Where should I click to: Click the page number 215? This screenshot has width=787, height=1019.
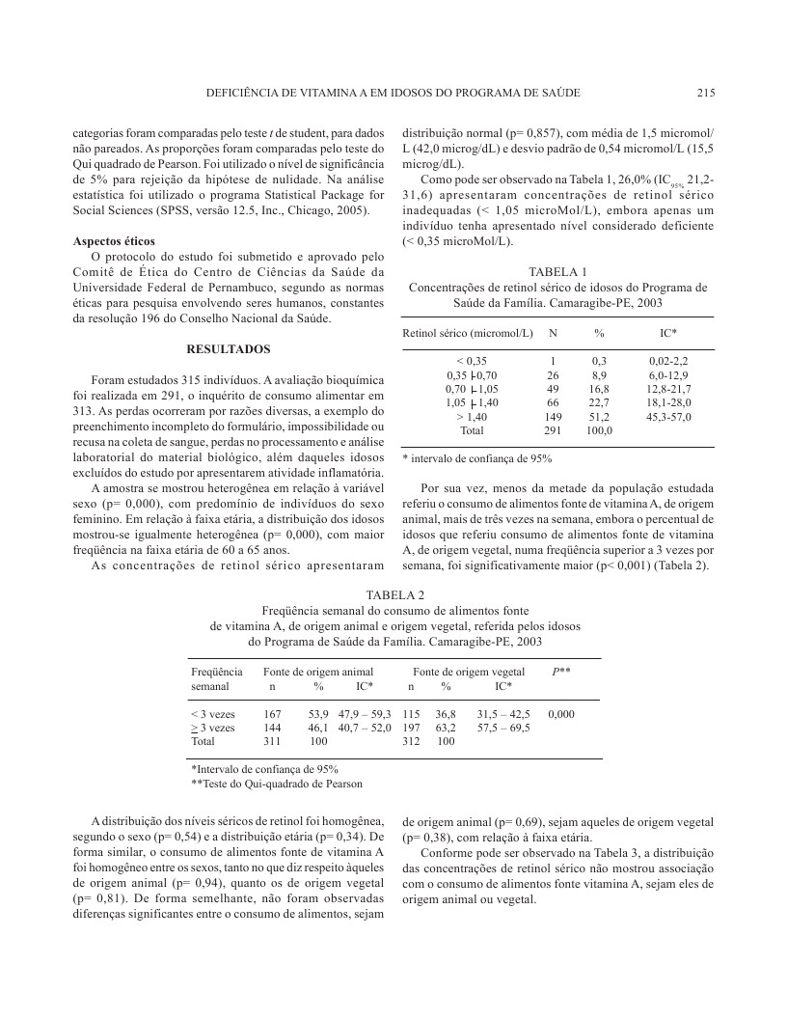pos(703,94)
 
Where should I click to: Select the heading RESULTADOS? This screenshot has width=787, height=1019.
pos(228,347)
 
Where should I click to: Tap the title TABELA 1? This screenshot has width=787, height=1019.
pos(558,270)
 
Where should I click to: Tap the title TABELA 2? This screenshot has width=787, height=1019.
pos(394,593)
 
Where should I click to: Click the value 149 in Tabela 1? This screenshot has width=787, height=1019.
pos(553,417)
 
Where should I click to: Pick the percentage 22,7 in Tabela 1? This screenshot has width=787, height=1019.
pos(599,402)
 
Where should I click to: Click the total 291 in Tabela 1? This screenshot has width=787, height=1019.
pos(553,430)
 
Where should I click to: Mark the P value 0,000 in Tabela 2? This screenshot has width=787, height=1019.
pos(561,714)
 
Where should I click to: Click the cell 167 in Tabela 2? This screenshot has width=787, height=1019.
pos(272,714)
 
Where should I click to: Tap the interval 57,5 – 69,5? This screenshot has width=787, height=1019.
pos(503,728)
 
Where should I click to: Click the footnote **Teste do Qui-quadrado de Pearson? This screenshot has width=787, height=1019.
pos(277,784)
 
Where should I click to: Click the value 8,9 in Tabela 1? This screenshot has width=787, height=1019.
pos(599,374)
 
